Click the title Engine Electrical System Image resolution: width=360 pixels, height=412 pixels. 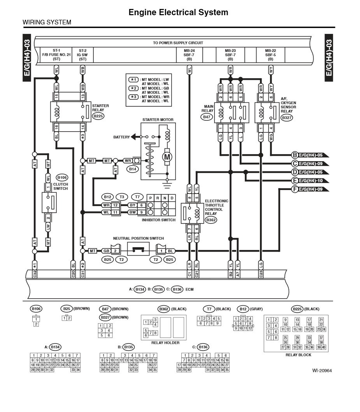[178, 12]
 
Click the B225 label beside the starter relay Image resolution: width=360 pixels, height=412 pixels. [98, 116]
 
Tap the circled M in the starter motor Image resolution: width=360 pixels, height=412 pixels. [167, 157]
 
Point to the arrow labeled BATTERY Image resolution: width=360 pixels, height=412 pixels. [133, 137]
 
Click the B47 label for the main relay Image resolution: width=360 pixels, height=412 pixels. [207, 116]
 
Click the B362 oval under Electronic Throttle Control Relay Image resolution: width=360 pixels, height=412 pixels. [211, 220]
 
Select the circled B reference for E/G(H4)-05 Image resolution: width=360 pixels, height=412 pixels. [295, 155]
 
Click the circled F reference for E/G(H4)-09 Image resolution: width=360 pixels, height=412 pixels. [295, 190]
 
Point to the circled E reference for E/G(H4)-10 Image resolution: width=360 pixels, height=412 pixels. [295, 181]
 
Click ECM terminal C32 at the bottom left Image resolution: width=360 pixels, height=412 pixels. [35, 274]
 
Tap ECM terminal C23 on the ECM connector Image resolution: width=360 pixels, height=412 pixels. [261, 274]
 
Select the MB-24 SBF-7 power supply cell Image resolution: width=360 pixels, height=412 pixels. [189, 55]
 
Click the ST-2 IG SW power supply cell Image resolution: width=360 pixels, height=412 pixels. [83, 55]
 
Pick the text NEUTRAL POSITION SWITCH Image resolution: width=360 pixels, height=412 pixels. [138, 238]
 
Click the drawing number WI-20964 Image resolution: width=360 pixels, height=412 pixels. [322, 370]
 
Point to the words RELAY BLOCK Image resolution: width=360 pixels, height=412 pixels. [298, 355]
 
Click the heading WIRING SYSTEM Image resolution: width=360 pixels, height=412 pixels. [47, 22]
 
